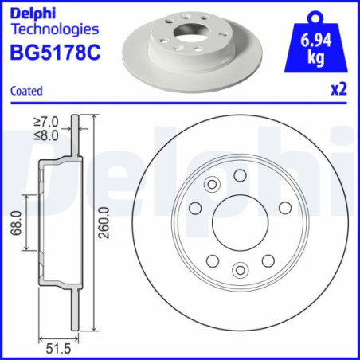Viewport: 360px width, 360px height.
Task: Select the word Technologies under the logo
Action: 54,29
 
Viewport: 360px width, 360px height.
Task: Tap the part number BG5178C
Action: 55,52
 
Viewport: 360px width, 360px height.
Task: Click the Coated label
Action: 27,92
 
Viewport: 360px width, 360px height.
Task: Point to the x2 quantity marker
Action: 340,90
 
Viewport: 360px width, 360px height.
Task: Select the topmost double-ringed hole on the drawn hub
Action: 212,186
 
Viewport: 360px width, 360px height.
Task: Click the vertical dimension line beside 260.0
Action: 95,225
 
